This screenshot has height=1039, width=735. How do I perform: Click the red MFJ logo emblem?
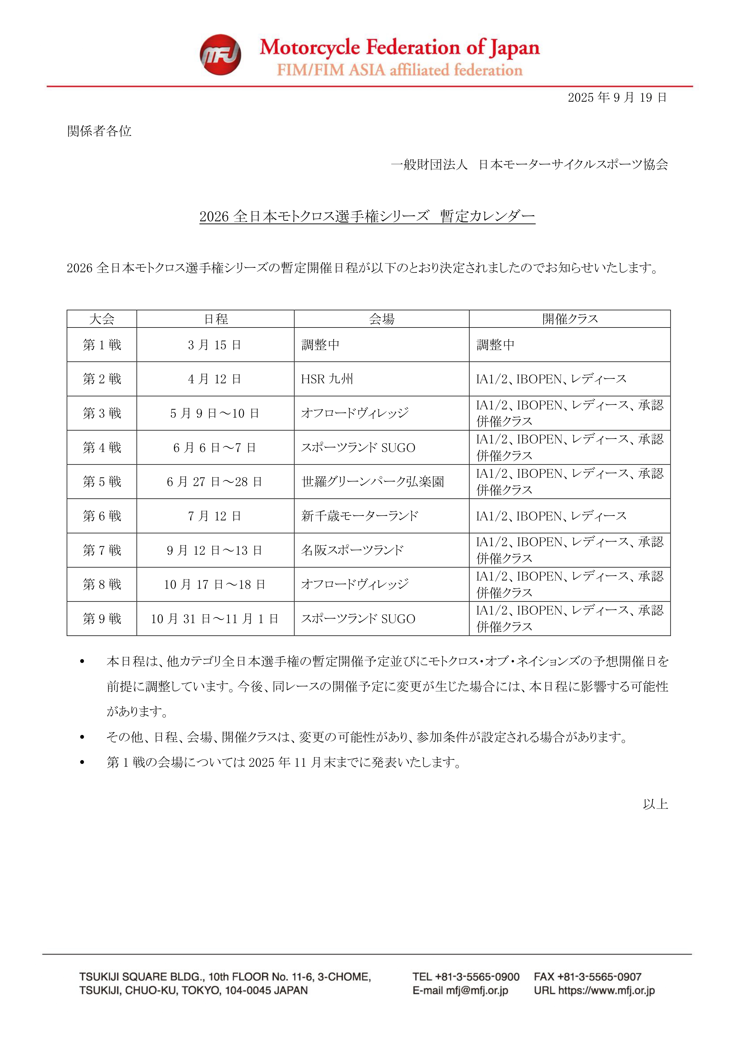(220, 55)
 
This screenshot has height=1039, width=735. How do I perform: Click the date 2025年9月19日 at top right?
(617, 97)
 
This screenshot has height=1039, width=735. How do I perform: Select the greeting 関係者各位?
(99, 131)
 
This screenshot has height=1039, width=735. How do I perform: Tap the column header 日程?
(216, 319)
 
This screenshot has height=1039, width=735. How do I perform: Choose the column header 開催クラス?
(570, 319)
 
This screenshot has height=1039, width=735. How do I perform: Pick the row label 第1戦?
(102, 345)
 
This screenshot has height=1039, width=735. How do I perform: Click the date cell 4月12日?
(215, 379)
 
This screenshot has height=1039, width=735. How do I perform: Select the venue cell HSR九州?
(327, 379)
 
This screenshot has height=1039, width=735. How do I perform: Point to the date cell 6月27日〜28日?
(215, 482)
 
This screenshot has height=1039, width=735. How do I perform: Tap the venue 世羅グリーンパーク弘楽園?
(373, 482)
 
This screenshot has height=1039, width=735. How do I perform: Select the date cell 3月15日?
(215, 345)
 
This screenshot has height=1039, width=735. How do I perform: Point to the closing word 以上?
(655, 804)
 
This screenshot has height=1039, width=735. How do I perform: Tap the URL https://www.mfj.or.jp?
(606, 990)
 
